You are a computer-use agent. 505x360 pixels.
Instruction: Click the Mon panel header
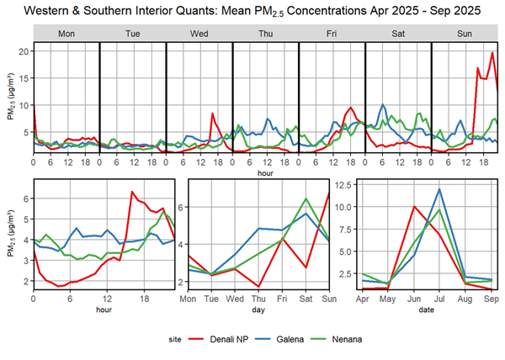click(66, 33)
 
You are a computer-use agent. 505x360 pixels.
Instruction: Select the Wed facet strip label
click(199, 33)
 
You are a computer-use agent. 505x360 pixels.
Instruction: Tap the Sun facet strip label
click(465, 33)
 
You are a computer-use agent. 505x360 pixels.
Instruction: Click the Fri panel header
click(332, 33)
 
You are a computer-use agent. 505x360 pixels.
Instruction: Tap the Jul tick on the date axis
click(439, 298)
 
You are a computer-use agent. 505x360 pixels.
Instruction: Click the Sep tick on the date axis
click(492, 298)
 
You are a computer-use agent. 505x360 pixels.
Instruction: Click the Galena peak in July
click(439, 188)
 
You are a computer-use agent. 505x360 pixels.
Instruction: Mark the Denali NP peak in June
click(414, 206)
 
